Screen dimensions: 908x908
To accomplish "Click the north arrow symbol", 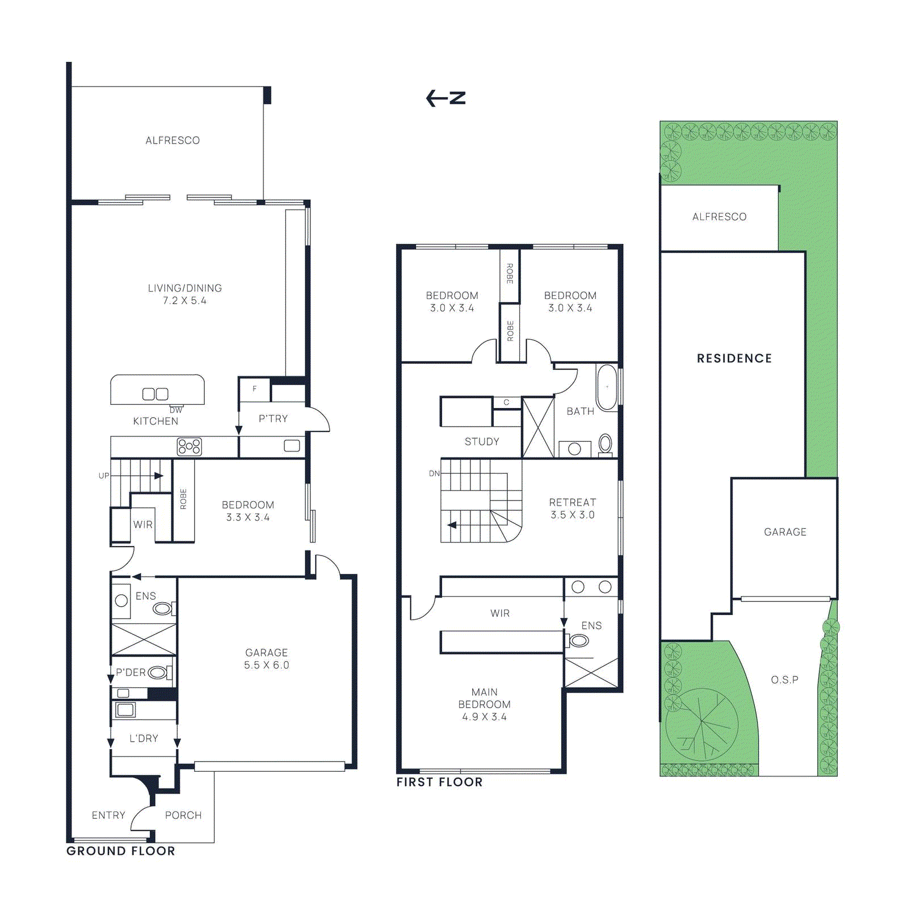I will [445, 98].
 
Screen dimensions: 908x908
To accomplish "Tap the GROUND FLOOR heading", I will [120, 851].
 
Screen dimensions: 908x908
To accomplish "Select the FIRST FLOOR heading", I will [439, 782].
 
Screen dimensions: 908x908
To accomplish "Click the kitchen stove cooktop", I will [189, 447].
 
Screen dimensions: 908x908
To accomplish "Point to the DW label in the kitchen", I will [176, 410].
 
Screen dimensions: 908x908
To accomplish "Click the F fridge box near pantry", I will [254, 389].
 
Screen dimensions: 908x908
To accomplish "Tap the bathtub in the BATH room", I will [607, 388].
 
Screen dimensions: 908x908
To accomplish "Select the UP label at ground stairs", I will [104, 476].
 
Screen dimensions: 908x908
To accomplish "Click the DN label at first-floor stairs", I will [434, 473].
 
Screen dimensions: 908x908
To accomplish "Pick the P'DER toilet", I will [158, 673].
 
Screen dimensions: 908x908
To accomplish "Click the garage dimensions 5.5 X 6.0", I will [266, 665].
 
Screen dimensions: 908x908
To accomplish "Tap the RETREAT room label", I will [572, 502].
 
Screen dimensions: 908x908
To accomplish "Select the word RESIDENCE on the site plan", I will [734, 359].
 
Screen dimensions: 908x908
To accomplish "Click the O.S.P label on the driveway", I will [784, 679].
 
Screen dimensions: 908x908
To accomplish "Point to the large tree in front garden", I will [702, 724].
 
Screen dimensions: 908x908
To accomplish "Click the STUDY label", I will [482, 442].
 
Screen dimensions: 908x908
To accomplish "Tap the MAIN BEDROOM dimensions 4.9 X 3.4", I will [484, 717].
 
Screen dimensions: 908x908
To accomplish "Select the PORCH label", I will [183, 815].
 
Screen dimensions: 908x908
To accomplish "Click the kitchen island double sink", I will [155, 394].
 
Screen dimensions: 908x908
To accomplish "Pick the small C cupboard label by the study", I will [506, 402].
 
